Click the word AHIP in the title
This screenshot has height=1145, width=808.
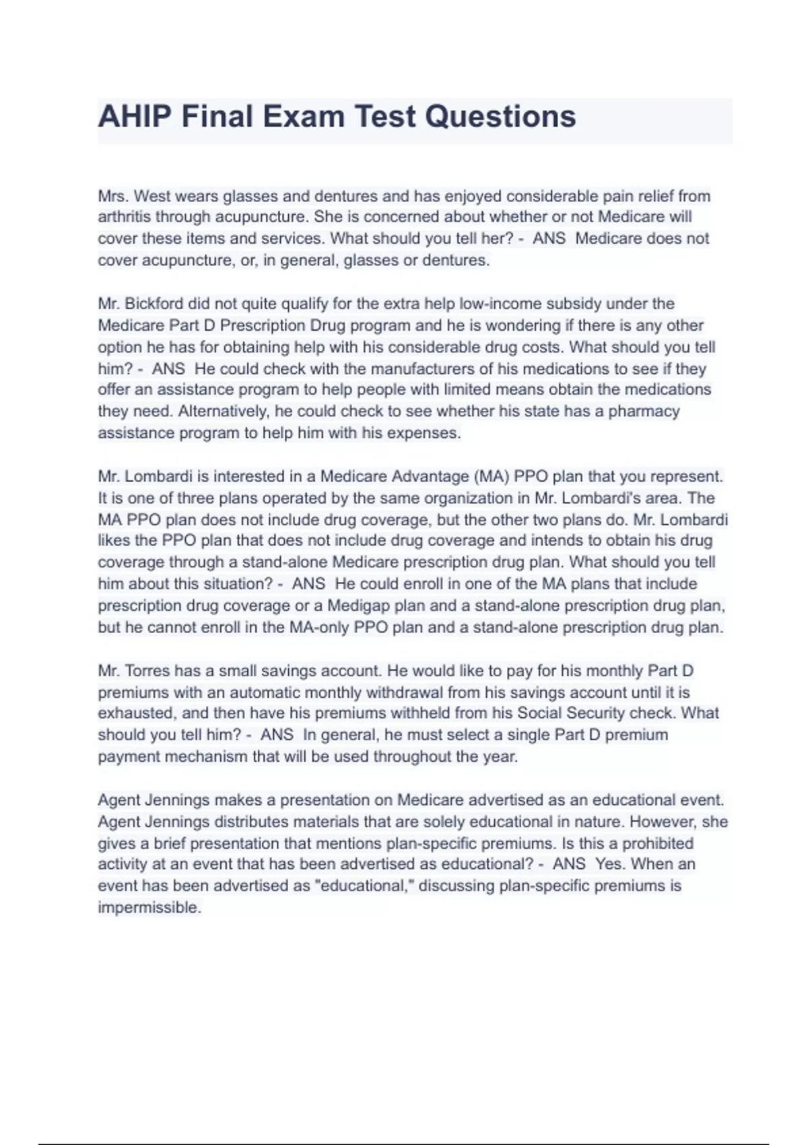(135, 117)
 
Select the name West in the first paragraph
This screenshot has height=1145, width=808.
(152, 196)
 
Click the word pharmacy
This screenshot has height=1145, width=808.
(644, 411)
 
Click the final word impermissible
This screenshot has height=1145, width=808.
(149, 907)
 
